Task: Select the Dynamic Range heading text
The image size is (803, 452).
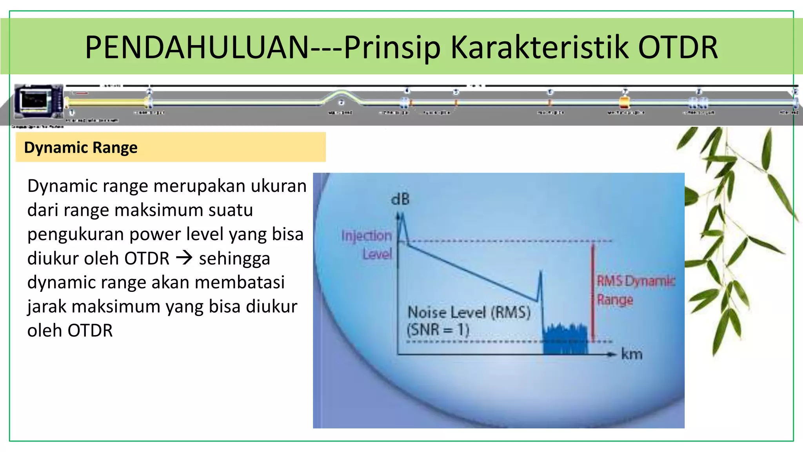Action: coord(81,148)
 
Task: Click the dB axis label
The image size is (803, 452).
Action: coord(400,199)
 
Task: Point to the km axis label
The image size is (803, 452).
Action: coord(632,354)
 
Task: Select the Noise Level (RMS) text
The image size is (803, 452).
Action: coord(469,312)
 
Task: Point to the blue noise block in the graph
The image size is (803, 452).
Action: coord(565,339)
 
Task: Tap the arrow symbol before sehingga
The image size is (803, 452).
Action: coord(184,258)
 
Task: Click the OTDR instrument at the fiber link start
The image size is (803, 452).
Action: coord(38,101)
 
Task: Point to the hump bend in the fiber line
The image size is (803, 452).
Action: coord(340,94)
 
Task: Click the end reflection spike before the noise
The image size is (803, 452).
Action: coord(540,284)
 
